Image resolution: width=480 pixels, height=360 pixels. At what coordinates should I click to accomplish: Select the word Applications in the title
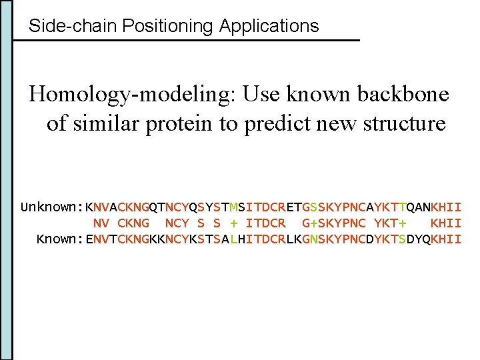point(269,27)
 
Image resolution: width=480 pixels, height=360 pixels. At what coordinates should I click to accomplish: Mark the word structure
point(405,123)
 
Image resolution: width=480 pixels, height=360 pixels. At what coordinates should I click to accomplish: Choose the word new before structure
point(339,123)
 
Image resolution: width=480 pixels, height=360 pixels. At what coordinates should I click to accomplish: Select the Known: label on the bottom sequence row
point(59,239)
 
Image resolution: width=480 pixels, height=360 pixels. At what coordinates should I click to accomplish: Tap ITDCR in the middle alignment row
point(265,223)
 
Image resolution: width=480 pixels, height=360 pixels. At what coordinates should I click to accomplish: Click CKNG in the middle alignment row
point(133,223)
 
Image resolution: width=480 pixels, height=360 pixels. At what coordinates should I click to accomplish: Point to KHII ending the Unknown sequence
point(446,207)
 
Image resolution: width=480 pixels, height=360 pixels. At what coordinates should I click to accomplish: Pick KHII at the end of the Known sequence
point(446,239)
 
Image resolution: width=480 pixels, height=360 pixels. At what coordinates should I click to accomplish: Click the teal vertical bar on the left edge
point(7,180)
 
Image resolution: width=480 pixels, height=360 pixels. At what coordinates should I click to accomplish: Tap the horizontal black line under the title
point(187,41)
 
